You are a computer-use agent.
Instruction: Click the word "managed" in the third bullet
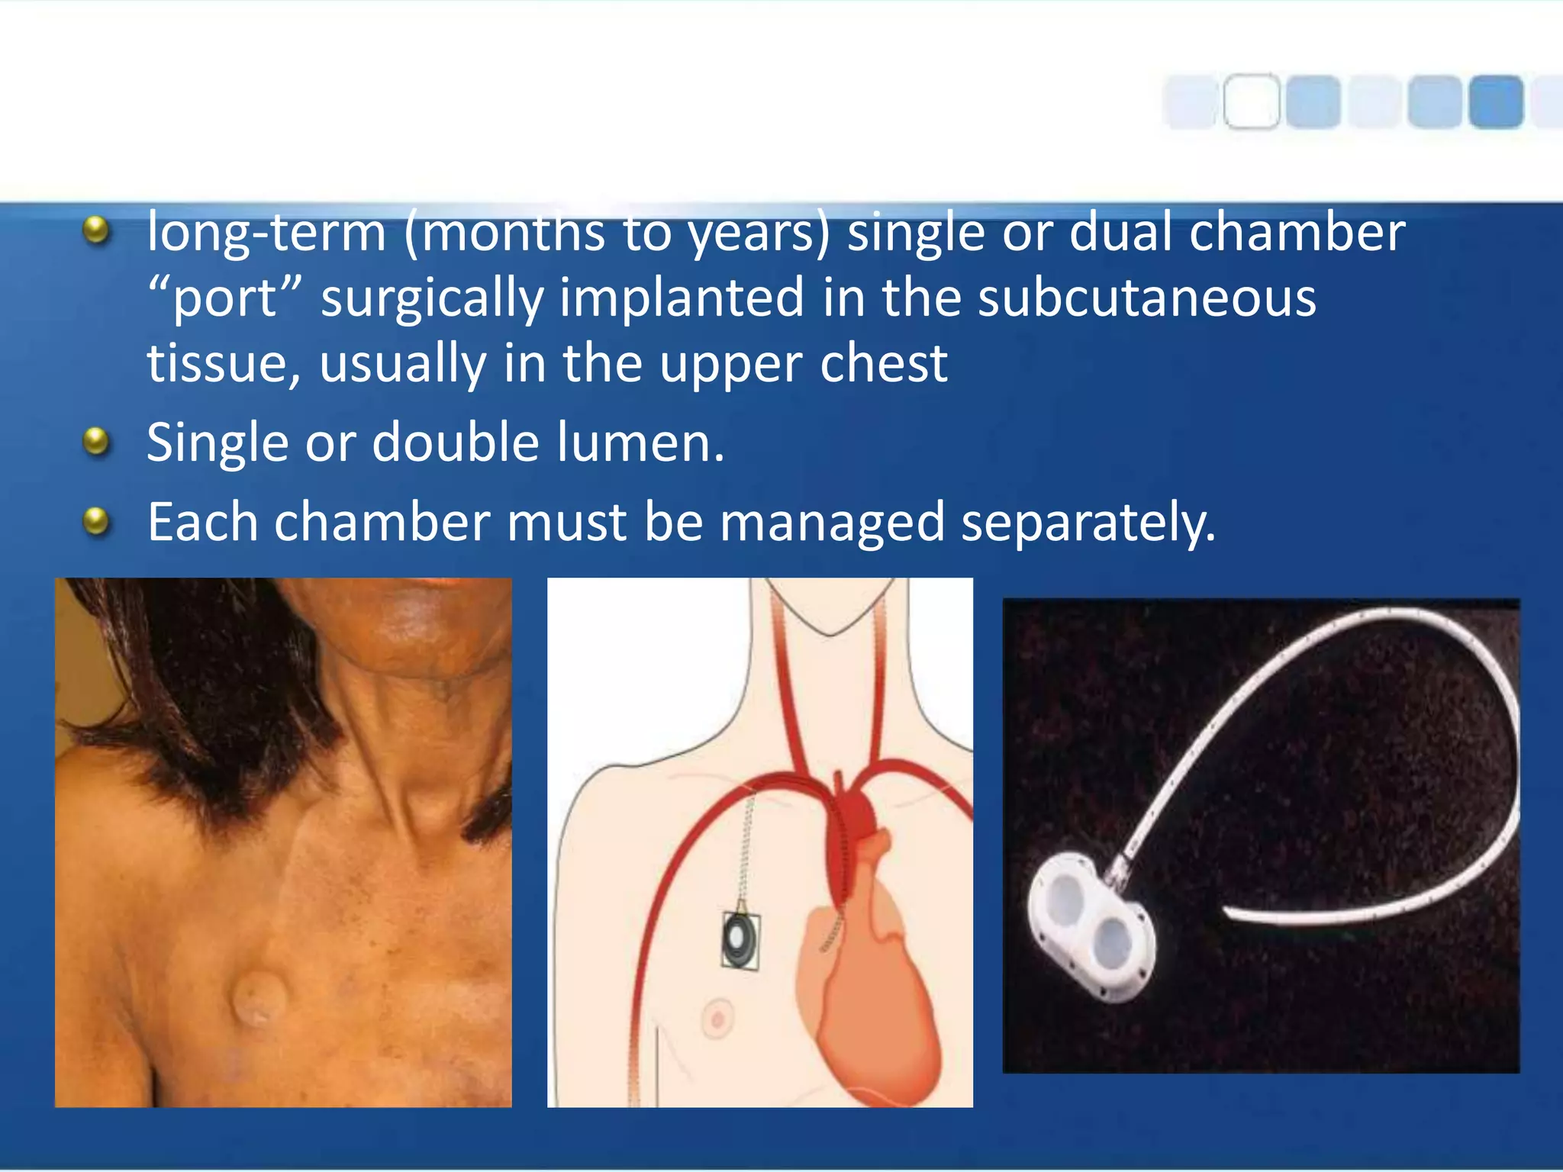[832, 523]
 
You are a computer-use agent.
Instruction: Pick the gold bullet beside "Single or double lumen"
[96, 441]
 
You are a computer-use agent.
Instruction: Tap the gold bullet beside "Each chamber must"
[96, 522]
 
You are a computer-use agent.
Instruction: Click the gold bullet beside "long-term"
[96, 230]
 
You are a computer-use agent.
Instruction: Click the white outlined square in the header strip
[1252, 101]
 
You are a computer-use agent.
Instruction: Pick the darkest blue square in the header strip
[1496, 101]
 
